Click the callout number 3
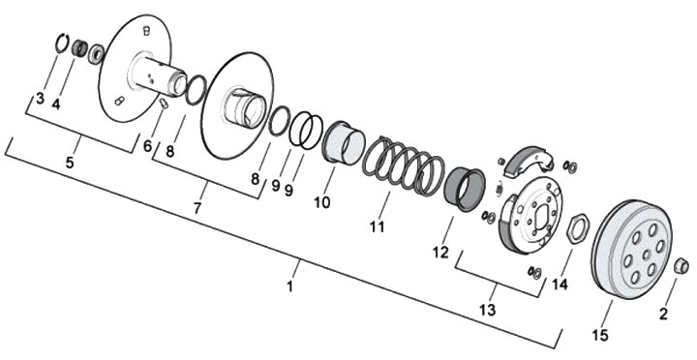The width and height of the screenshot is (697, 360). (x=41, y=98)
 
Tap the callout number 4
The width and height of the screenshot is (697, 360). (x=56, y=104)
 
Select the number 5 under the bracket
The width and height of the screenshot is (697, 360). (x=70, y=163)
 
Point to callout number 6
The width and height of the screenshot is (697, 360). (x=147, y=145)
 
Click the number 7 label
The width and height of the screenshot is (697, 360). (x=197, y=207)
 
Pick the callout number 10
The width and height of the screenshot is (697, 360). (x=322, y=202)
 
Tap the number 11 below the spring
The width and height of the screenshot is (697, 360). (x=377, y=226)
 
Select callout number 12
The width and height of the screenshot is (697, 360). (x=441, y=253)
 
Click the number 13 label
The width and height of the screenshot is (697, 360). (x=488, y=310)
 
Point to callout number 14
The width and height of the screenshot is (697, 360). (x=561, y=284)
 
